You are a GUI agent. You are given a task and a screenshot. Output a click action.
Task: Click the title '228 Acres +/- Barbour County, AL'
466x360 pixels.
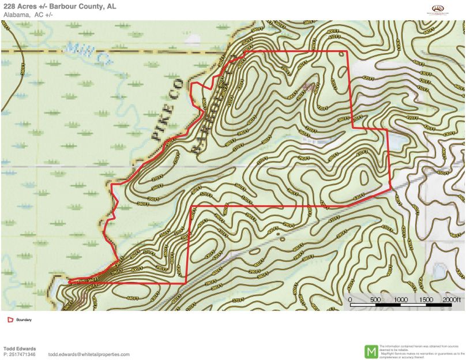[x=59, y=6]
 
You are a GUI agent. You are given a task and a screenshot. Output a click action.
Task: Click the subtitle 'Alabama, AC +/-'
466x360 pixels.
[x=27, y=14]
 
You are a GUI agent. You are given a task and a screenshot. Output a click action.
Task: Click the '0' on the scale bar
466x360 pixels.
[x=351, y=300]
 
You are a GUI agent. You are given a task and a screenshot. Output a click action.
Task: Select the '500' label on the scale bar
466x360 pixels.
[x=375, y=300]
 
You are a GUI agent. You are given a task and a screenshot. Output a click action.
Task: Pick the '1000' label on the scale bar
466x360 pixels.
[x=400, y=300]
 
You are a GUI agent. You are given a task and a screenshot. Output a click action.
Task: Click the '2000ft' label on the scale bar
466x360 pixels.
[x=453, y=300]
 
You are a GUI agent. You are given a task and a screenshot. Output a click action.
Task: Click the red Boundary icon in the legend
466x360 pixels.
[x=10, y=319]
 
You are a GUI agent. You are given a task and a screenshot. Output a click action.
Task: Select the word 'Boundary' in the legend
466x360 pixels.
[x=24, y=319]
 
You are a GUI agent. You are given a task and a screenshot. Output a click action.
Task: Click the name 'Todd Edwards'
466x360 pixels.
[x=20, y=348]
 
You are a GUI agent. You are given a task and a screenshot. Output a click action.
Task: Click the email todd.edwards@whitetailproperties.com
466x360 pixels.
[x=89, y=354]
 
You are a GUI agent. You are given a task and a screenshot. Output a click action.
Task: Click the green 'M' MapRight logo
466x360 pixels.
[x=371, y=351]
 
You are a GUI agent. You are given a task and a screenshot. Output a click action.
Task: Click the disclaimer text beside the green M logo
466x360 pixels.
[x=421, y=351]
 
